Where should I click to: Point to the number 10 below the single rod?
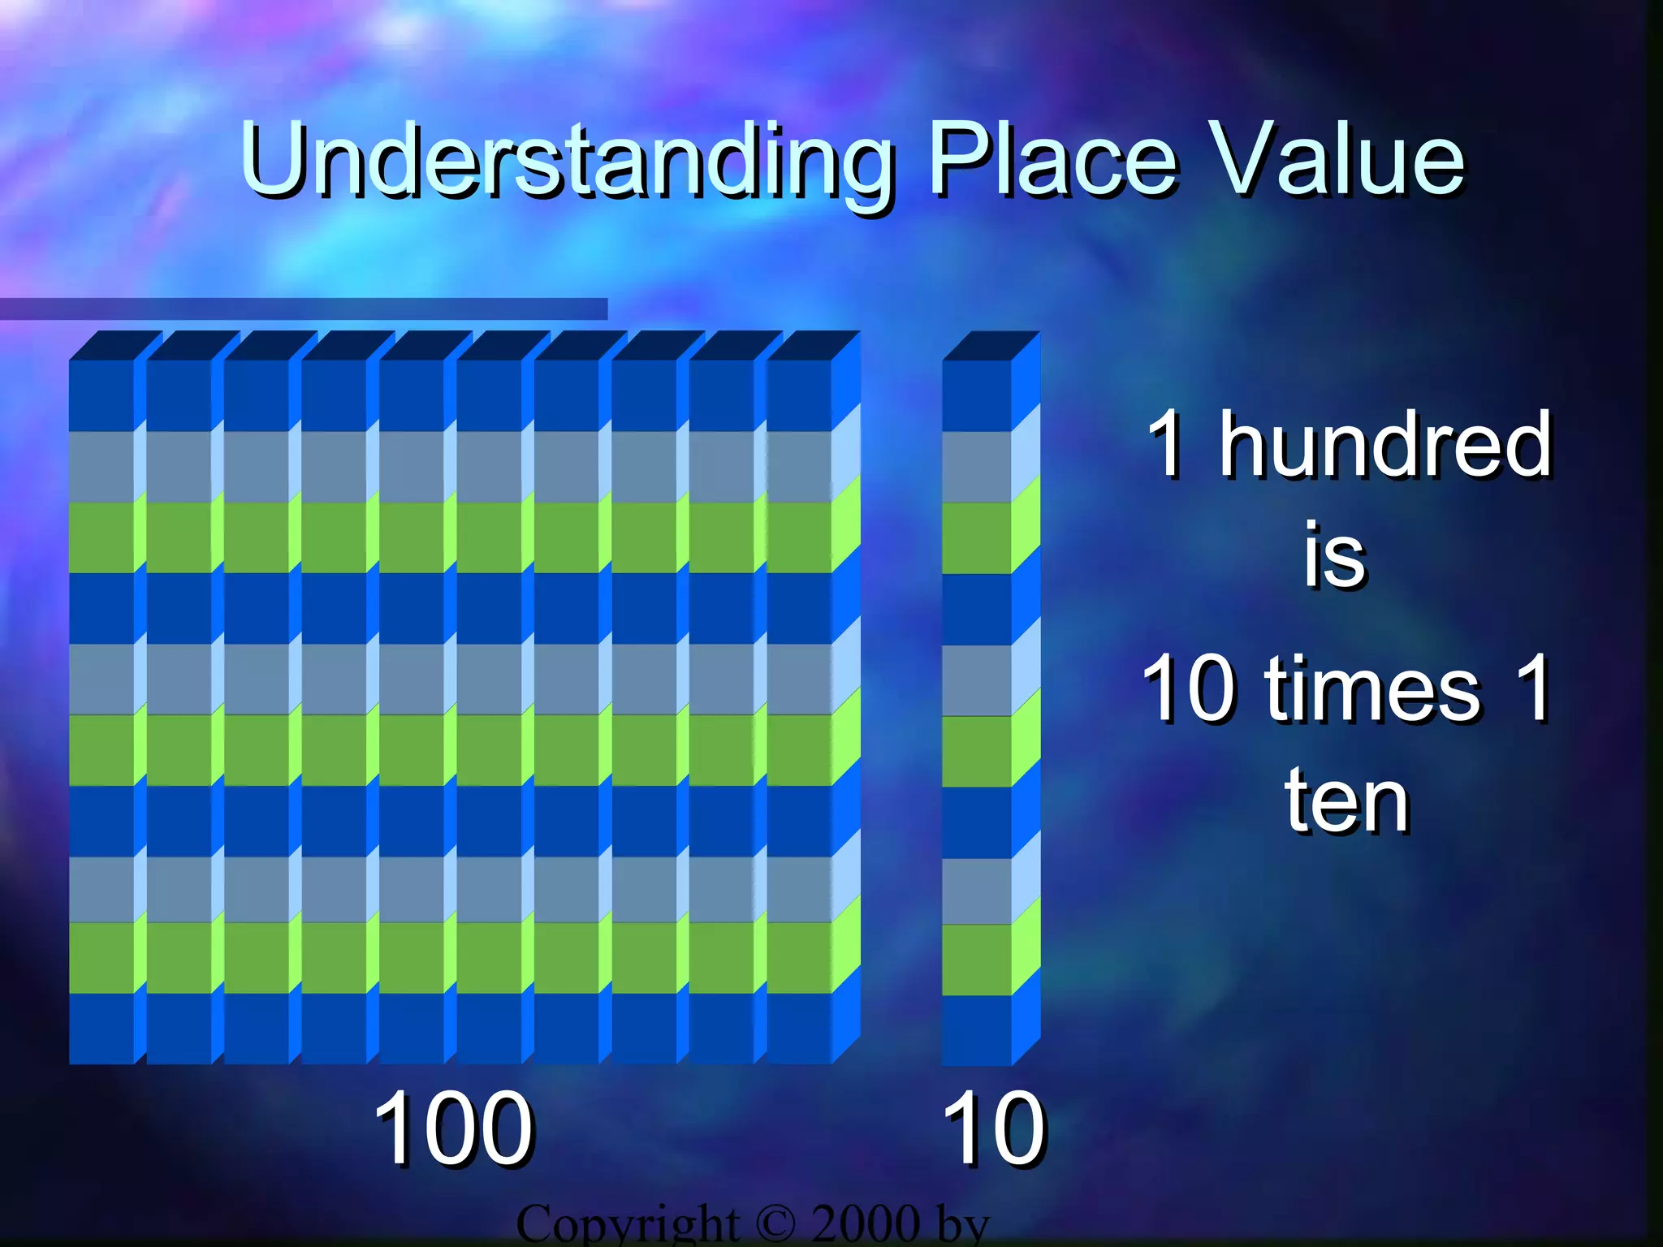(x=994, y=1128)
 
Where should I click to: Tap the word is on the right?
(x=1335, y=557)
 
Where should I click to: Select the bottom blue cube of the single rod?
(x=976, y=1029)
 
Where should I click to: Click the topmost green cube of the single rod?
(x=976, y=537)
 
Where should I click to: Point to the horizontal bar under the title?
(x=304, y=309)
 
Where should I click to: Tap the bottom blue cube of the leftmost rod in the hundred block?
(x=102, y=1028)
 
